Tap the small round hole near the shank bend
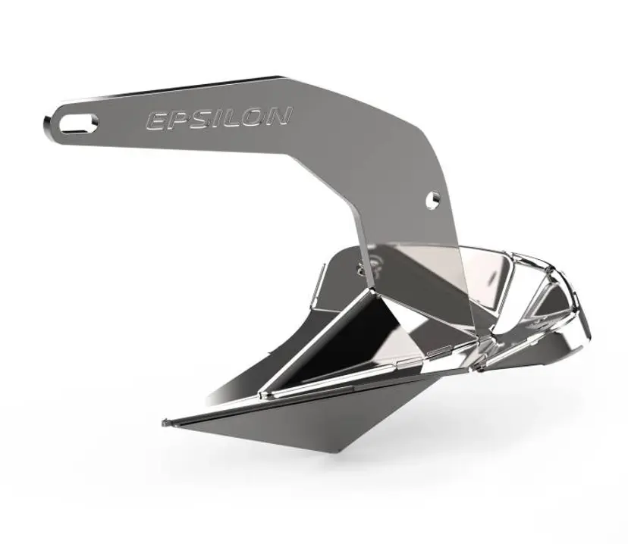435,198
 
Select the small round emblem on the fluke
377,265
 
